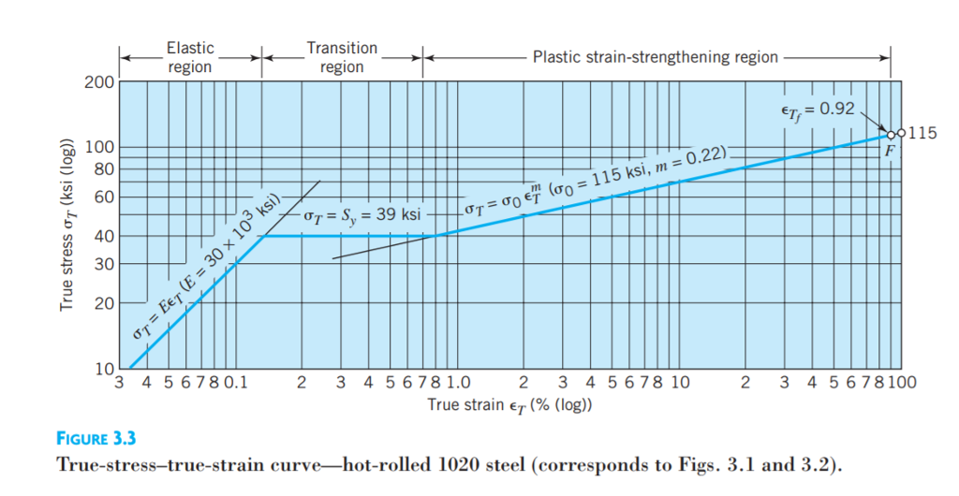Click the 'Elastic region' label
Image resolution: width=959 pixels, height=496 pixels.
pos(190,56)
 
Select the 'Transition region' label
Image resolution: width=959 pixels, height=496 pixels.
pos(342,56)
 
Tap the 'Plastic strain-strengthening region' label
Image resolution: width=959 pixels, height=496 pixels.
pos(655,57)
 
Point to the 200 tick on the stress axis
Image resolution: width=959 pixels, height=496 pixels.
pos(97,83)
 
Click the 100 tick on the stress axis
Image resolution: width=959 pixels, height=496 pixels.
pos(97,147)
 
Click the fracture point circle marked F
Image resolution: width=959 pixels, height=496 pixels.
pos(892,135)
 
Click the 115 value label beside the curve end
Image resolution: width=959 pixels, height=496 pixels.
pos(922,133)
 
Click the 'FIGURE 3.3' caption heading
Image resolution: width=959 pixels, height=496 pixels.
pos(96,438)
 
